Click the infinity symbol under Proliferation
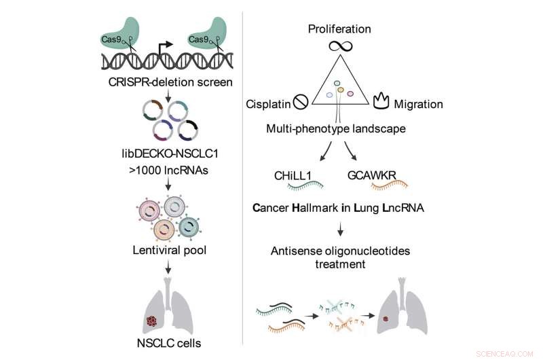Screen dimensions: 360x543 click(x=339, y=47)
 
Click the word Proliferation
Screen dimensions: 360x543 click(x=339, y=29)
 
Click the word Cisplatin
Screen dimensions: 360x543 click(x=267, y=105)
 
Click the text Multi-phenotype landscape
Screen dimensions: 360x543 click(x=339, y=127)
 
